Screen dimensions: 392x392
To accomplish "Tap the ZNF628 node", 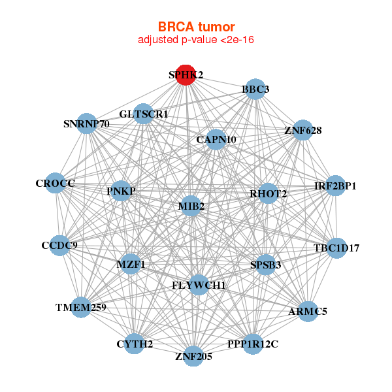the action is tap(302, 131).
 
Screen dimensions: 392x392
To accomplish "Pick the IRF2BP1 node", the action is tap(335, 186).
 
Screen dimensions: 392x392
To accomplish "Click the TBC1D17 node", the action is tap(336, 248).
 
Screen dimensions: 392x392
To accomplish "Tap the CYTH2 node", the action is tap(134, 344).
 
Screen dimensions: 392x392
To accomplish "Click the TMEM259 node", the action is tap(81, 306).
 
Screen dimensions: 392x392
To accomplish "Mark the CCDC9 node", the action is tap(59, 246).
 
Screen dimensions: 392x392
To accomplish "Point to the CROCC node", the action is tap(56, 184).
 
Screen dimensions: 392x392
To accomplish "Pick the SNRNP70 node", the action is tap(87, 123).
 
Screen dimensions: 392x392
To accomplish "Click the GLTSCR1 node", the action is tap(144, 114).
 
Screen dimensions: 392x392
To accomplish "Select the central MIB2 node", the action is tap(191, 206).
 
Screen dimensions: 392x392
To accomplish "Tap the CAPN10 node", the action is tap(216, 140).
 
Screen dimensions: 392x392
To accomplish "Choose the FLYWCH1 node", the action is tap(199, 286).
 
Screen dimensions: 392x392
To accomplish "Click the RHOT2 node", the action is tap(268, 194).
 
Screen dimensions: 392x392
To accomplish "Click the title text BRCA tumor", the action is tap(195, 27).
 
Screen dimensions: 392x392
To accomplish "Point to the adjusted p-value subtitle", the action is tap(195, 40).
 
